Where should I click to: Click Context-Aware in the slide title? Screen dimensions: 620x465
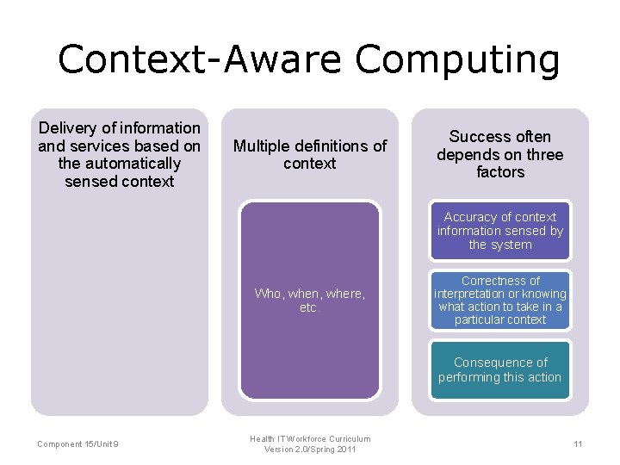(201, 59)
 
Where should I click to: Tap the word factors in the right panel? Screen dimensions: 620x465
(500, 172)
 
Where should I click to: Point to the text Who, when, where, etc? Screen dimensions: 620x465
(309, 301)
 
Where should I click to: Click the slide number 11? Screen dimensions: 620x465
(578, 444)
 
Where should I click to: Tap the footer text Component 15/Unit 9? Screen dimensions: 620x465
(78, 444)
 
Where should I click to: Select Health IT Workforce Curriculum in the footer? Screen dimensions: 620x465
(310, 439)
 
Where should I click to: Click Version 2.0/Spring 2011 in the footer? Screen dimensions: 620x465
(310, 450)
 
